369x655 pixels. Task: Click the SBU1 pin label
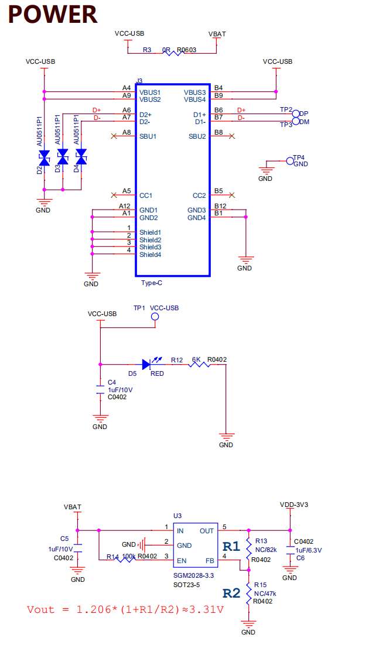coord(148,136)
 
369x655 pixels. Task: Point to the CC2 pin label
coord(199,196)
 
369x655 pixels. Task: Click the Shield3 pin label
coord(150,247)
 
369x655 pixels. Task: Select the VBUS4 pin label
coord(195,100)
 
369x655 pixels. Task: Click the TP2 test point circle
coord(296,114)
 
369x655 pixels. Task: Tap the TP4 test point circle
coord(289,161)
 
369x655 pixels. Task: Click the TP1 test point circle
coord(155,317)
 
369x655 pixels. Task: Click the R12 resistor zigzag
coord(199,364)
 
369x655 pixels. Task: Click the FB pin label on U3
coord(209,560)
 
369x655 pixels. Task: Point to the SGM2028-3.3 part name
coord(193,576)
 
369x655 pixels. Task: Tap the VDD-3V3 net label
coord(294,505)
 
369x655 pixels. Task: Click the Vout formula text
coord(125,610)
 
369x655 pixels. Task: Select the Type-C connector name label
coord(151,283)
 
